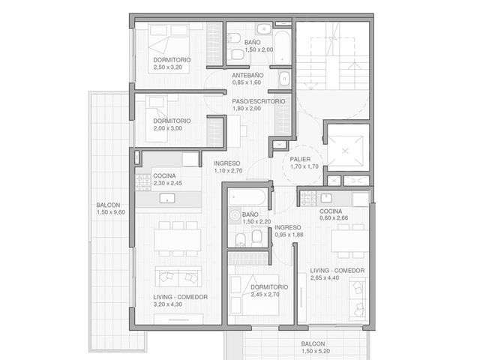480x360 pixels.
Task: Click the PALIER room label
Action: coord(300,159)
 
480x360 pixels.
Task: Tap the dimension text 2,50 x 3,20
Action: coord(168,67)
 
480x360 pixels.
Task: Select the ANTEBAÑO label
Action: coord(247,75)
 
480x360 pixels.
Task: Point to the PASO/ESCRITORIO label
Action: coord(259,101)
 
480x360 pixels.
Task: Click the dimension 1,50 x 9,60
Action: coord(111,212)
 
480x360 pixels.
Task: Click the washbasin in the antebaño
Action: coord(284,79)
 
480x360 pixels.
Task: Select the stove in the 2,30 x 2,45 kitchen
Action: coord(143,182)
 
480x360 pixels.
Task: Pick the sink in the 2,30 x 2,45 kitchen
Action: coord(167,198)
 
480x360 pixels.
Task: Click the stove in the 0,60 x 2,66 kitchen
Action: coord(308,198)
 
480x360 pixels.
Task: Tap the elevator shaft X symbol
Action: coord(345,151)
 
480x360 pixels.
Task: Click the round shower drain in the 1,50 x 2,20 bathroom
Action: coord(235,215)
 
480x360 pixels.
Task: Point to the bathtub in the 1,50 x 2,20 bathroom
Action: coord(247,196)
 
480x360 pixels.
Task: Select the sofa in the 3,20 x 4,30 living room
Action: coord(178,277)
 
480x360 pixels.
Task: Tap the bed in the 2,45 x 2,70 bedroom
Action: coord(254,295)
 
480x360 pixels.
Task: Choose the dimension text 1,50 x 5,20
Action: coord(316,351)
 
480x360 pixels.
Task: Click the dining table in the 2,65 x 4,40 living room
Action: coord(350,241)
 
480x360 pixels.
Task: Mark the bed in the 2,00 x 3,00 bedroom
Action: coord(157,118)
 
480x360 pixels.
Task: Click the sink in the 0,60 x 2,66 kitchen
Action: coord(326,198)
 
